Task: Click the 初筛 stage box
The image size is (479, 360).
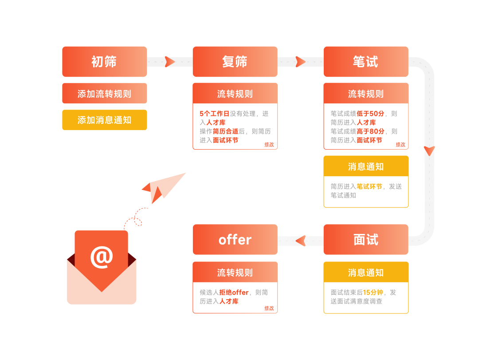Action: [x=104, y=62]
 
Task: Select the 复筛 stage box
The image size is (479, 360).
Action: [x=235, y=62]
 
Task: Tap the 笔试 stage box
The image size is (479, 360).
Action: [x=365, y=62]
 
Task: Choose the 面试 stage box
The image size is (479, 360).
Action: [x=365, y=240]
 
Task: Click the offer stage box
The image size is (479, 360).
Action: [x=235, y=240]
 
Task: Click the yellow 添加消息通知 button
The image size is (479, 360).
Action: [x=104, y=120]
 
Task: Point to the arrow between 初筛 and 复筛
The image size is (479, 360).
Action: [x=169, y=62]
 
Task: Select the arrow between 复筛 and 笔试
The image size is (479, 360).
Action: [x=300, y=62]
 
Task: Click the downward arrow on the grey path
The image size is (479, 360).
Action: [x=429, y=150]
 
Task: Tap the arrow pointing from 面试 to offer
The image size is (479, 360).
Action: [x=301, y=241]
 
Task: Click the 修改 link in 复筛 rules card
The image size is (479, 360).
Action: [x=269, y=144]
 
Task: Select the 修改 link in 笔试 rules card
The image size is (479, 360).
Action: [x=400, y=144]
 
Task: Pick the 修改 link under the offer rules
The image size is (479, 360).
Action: [x=269, y=308]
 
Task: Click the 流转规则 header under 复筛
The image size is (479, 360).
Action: [x=235, y=94]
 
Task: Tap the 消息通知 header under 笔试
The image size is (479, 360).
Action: [x=365, y=166]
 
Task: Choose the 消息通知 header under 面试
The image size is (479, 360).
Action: [x=365, y=273]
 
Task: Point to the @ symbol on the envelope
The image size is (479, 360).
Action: [x=102, y=257]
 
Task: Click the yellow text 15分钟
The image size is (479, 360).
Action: [x=373, y=293]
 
